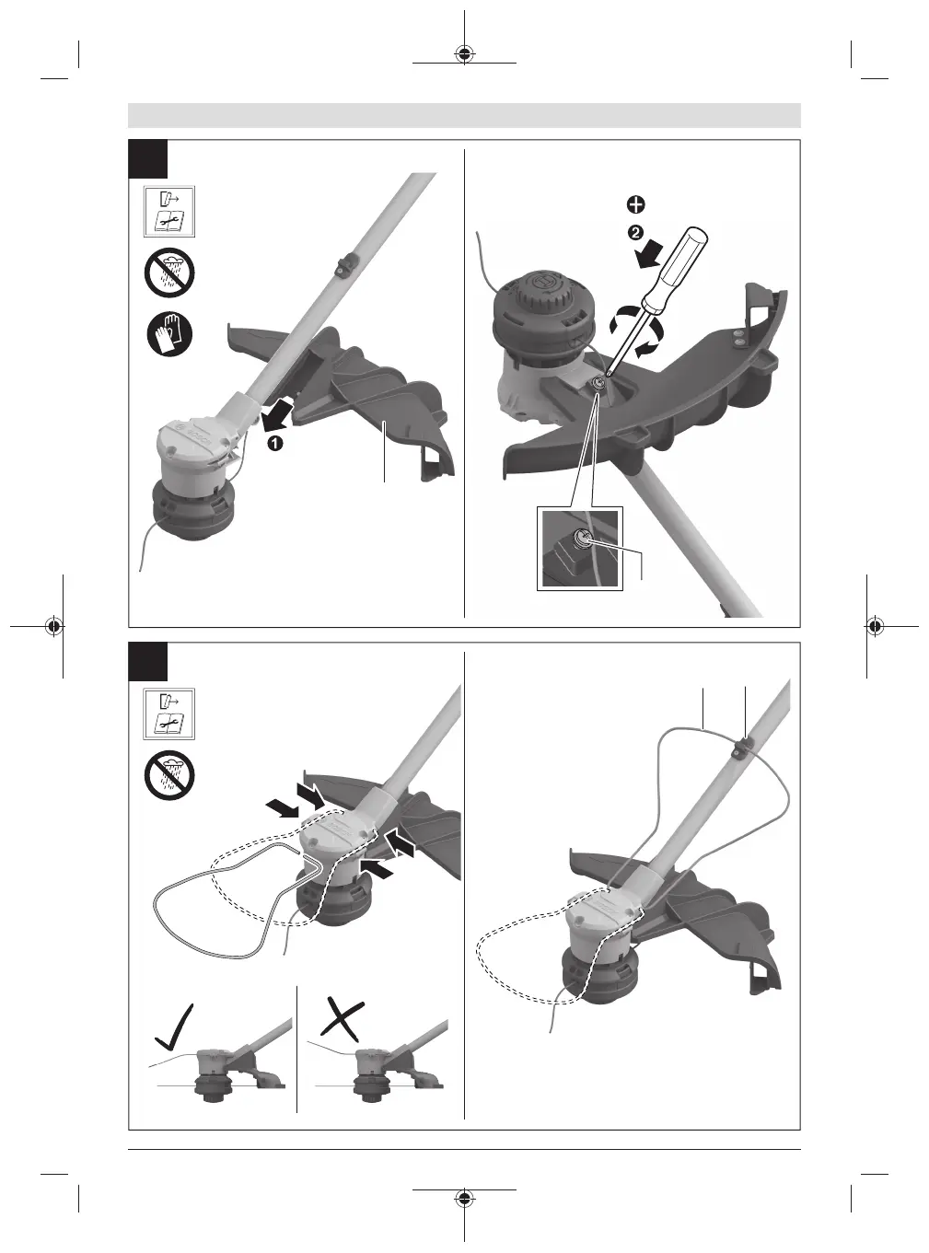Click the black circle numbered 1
(274, 444)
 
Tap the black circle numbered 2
(635, 233)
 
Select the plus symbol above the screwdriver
(636, 204)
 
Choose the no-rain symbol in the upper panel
(169, 274)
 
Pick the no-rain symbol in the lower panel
(169, 775)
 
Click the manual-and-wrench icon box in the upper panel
(169, 211)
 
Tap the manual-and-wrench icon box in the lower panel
(169, 714)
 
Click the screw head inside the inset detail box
(582, 540)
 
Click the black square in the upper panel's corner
(148, 158)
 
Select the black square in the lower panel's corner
(148, 662)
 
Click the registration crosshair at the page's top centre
(464, 54)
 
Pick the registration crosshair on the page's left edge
(54, 626)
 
